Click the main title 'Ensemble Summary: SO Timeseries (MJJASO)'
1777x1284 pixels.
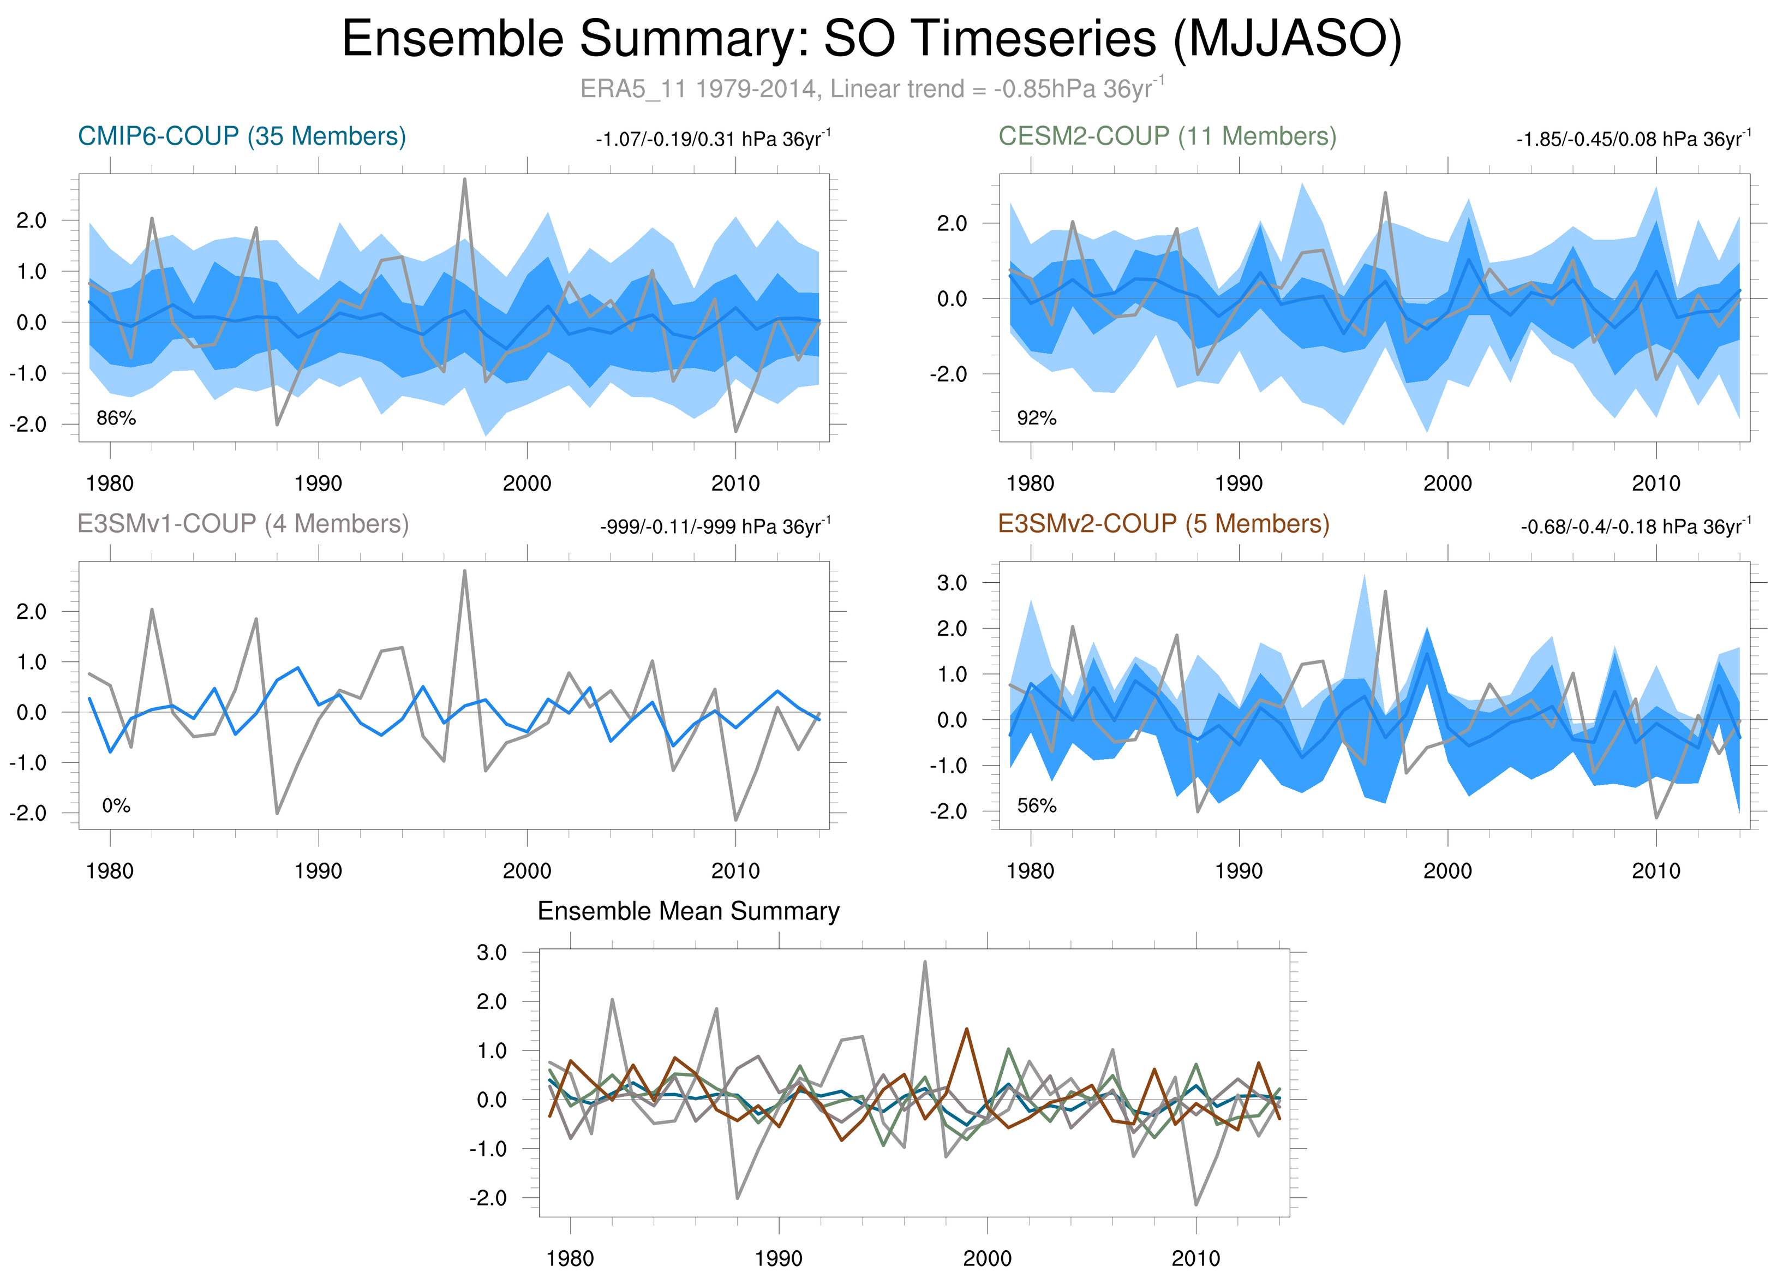(871, 39)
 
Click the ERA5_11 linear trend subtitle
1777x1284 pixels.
(871, 88)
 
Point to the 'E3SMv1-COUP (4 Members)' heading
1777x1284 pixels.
(243, 523)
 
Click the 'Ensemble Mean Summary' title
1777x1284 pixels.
(688, 911)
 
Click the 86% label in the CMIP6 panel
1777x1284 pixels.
(116, 419)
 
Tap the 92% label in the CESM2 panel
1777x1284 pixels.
(1037, 419)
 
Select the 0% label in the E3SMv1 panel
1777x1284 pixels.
(116, 805)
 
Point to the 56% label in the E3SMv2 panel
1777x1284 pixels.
(1037, 805)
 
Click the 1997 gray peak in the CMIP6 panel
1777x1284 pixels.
(465, 180)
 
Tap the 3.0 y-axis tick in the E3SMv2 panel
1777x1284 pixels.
(952, 583)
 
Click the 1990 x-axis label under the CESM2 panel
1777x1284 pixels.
(1238, 483)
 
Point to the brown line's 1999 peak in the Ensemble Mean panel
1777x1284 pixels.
(967, 1029)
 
